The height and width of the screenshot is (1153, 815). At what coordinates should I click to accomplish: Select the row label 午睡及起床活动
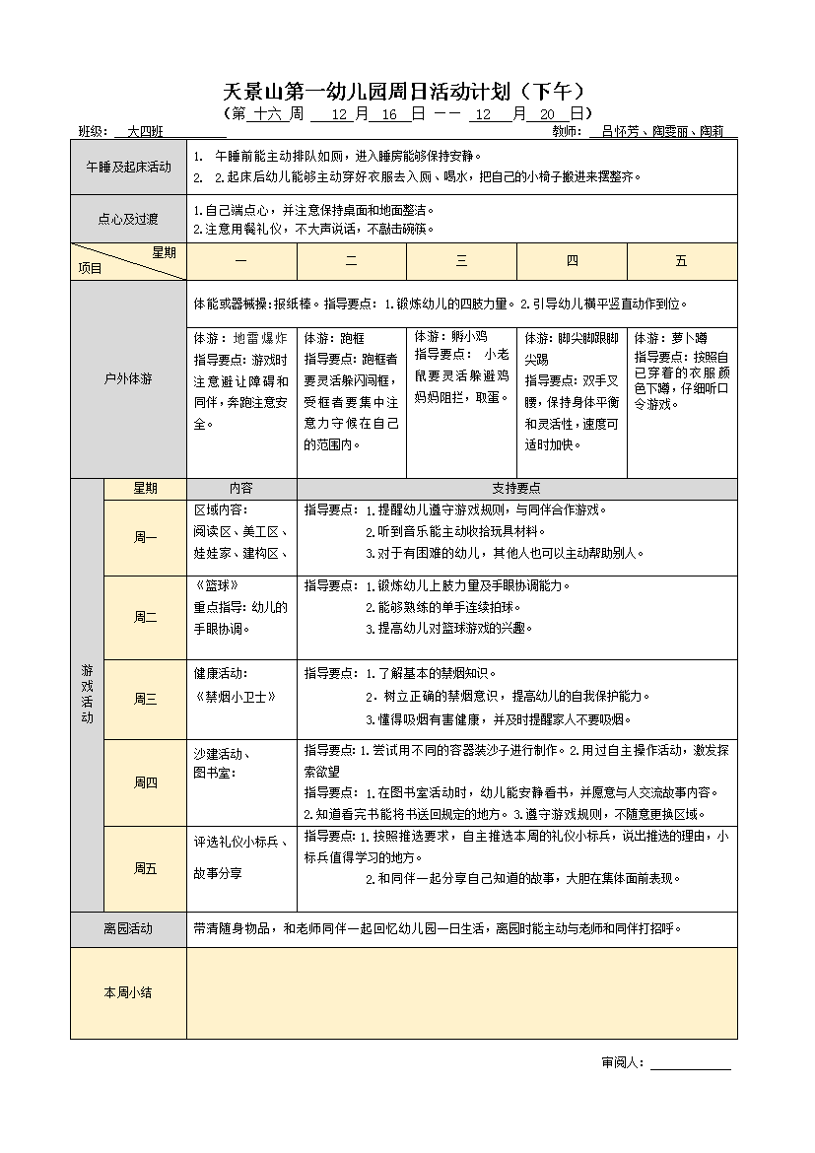coord(128,167)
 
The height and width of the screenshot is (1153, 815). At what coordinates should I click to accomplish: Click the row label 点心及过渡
coord(128,219)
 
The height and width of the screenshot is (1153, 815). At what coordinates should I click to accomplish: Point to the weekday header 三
coord(461,261)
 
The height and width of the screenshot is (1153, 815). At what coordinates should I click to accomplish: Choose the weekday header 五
coord(681,261)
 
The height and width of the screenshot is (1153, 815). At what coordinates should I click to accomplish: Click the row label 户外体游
coord(128,378)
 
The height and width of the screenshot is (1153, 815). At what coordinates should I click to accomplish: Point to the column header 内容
coord(241,488)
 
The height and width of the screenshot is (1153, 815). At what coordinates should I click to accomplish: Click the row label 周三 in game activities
coord(145,699)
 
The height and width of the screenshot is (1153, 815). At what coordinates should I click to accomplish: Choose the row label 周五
coord(145,868)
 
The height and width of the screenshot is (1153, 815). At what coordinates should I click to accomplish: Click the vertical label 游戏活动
coord(87,694)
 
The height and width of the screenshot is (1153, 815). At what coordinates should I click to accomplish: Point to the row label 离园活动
coord(128,928)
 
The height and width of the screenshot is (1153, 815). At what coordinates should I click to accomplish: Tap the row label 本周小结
coord(128,992)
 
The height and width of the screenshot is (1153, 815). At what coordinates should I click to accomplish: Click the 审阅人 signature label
coord(622,1062)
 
